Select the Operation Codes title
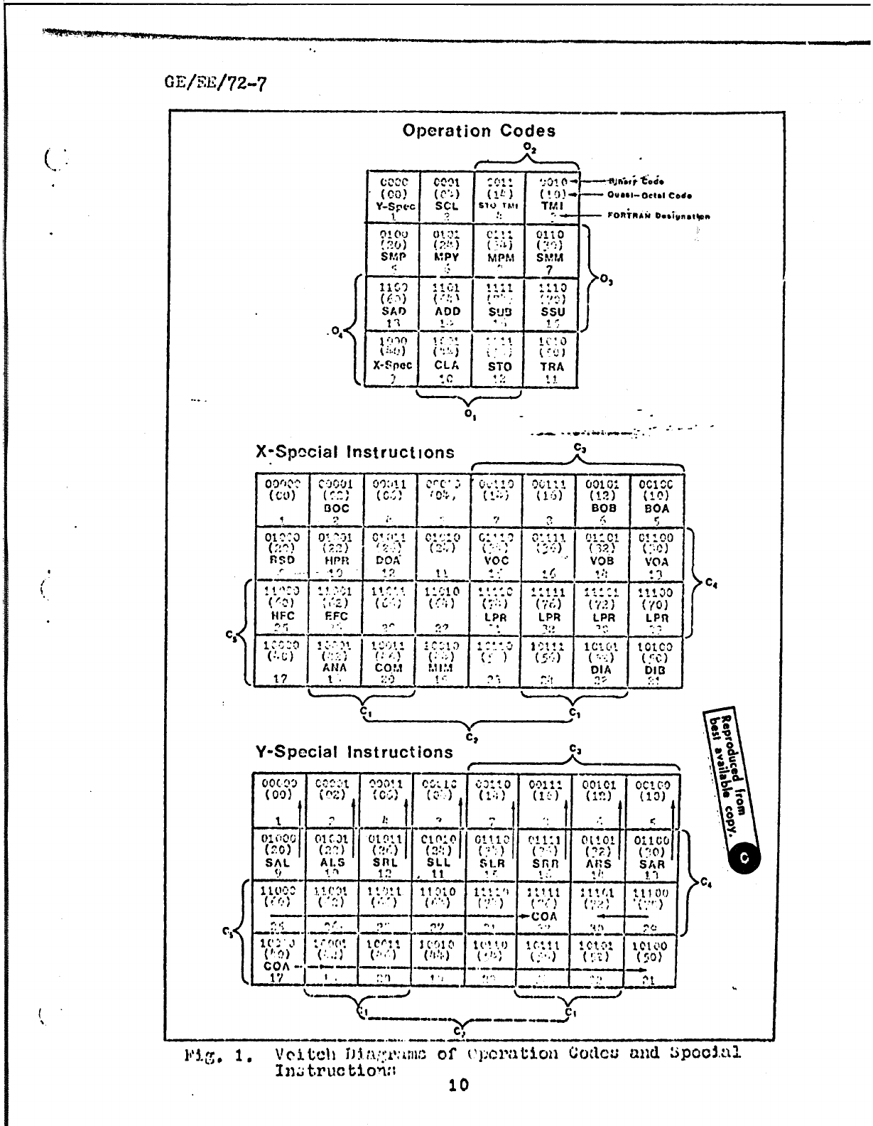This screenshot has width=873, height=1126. click(x=479, y=131)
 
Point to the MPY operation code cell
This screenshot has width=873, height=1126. click(x=447, y=250)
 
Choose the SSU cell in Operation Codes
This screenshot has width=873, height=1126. click(x=552, y=304)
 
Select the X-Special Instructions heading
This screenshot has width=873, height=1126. click(x=355, y=452)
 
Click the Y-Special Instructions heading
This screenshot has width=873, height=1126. click(x=354, y=752)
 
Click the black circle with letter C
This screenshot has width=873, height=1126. click(x=744, y=859)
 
